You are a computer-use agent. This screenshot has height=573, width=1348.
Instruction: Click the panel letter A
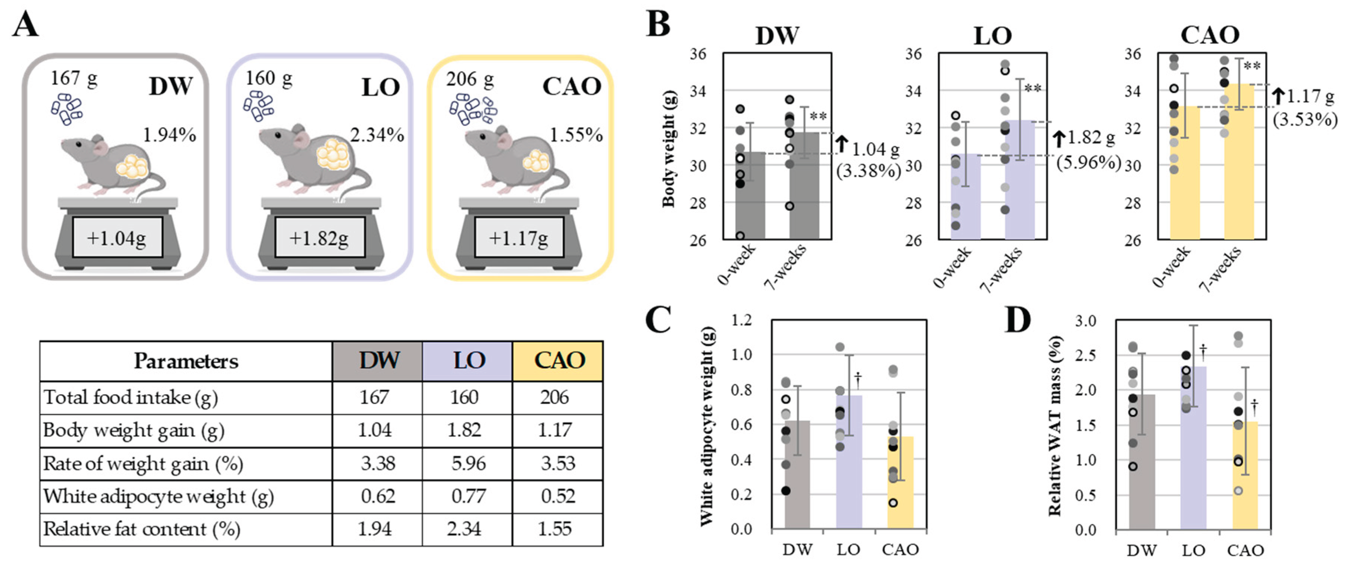coord(25,25)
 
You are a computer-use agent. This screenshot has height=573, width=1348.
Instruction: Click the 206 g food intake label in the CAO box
coord(469,79)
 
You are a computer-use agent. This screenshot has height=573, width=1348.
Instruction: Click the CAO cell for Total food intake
coord(557,397)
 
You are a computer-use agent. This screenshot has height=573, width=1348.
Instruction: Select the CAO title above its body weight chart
coord(1210,35)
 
